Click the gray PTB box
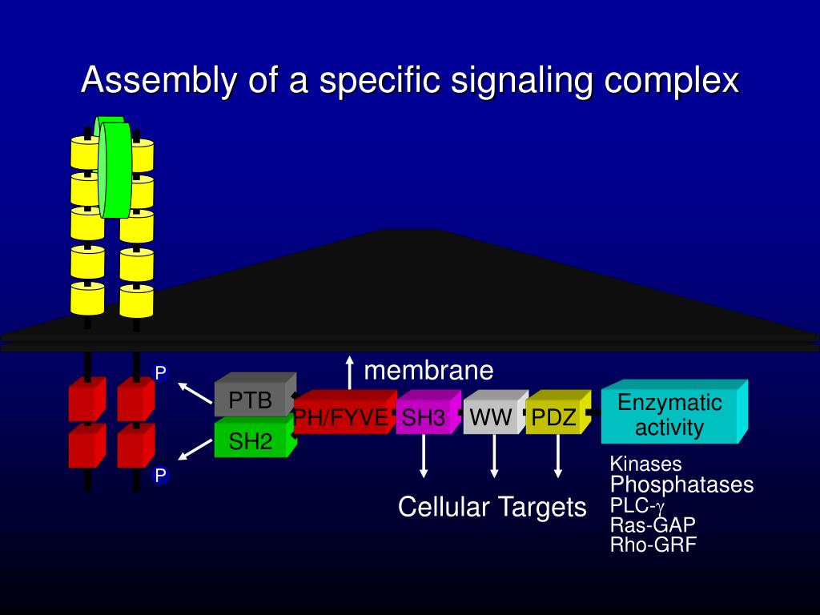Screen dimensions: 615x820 click(251, 400)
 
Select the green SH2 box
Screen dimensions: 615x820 click(251, 440)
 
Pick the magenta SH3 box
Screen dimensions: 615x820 click(424, 417)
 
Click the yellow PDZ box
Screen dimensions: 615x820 click(554, 417)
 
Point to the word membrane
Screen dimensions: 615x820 click(428, 371)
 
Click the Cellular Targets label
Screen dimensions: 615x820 click(492, 507)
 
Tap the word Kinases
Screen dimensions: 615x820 click(645, 464)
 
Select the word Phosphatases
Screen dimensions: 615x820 click(681, 484)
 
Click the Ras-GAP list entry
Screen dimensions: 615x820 click(652, 525)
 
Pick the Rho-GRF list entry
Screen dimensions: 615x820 click(653, 545)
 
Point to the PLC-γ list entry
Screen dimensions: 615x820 click(637, 505)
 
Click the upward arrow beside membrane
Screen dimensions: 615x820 click(349, 373)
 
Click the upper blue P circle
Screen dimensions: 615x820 click(161, 372)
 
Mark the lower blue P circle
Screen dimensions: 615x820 click(161, 476)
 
